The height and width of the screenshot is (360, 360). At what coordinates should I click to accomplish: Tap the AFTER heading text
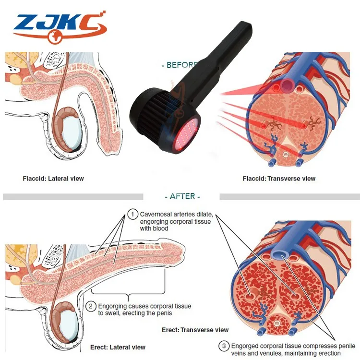click(x=182, y=196)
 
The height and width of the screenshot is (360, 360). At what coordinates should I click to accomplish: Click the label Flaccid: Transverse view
click(x=279, y=179)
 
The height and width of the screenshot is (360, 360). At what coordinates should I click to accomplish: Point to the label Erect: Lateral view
click(x=118, y=347)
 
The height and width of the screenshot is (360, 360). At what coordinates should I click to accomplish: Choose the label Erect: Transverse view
click(x=194, y=330)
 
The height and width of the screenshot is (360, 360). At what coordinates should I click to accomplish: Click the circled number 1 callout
click(x=132, y=214)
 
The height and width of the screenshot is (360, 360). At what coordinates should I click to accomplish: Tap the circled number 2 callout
click(x=91, y=306)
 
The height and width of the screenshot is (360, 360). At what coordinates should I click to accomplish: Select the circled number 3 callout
click(x=224, y=346)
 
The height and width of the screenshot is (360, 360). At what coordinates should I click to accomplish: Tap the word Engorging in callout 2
click(x=114, y=306)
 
